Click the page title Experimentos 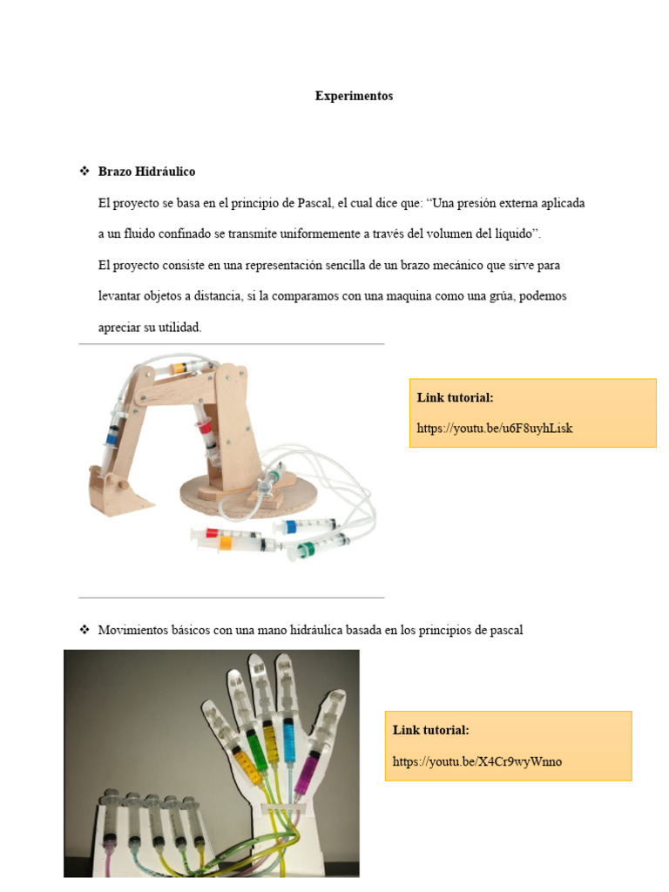354,96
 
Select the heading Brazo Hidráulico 146,172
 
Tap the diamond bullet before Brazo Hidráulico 84,172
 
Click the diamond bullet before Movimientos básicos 84,629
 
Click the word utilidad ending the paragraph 178,328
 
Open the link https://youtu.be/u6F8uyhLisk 494,428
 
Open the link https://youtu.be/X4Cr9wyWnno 476,761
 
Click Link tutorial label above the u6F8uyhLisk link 455,397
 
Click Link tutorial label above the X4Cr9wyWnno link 430,730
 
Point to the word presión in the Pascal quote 490,203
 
